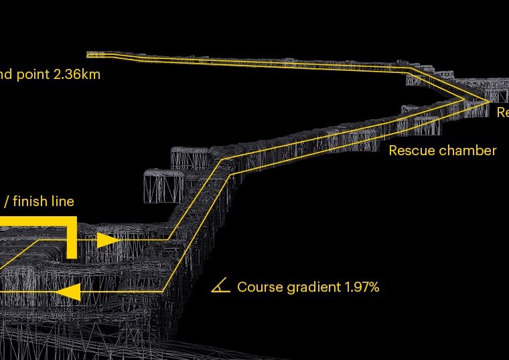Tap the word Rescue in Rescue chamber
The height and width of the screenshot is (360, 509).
411,151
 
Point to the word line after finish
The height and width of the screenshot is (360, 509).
61,201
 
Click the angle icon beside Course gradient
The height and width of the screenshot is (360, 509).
220,286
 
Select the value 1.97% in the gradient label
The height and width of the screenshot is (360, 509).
362,287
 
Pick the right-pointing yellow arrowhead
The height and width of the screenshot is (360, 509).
107,240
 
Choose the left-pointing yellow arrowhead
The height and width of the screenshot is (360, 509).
69,292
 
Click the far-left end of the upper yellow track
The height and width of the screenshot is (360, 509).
90,54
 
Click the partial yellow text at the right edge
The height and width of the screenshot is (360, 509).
502,113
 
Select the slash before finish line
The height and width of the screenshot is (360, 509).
6,201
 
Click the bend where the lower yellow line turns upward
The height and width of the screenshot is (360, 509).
164,291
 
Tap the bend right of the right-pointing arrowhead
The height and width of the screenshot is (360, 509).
167,239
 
